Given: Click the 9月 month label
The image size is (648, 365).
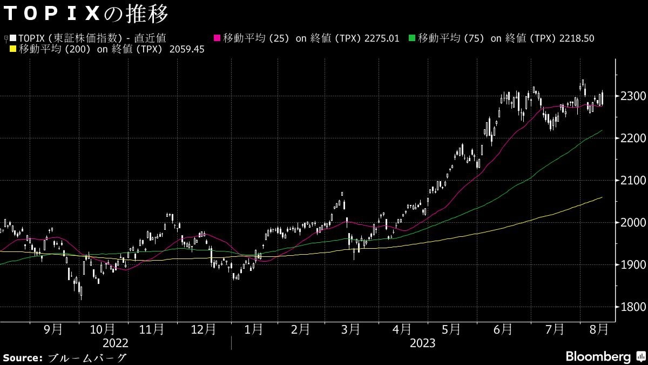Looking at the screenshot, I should tap(52, 329).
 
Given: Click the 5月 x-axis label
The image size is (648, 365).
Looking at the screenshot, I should tap(451, 329).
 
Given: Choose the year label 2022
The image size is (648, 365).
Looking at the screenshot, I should tap(116, 343).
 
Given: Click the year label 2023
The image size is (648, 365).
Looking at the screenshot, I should tap(423, 343).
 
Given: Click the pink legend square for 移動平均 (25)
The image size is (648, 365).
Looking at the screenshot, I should tap(218, 38).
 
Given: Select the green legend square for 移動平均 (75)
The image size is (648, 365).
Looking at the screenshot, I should tap(412, 38).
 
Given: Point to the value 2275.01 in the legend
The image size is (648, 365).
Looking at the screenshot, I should tap(382, 38).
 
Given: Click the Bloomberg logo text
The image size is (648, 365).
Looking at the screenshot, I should tap(598, 357).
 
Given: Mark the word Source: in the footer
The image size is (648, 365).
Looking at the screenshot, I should tap(23, 357).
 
